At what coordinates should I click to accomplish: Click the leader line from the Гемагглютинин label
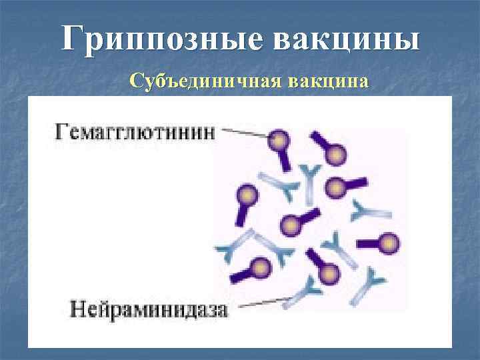tap(245, 133)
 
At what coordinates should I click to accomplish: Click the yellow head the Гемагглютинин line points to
tap(278, 140)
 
